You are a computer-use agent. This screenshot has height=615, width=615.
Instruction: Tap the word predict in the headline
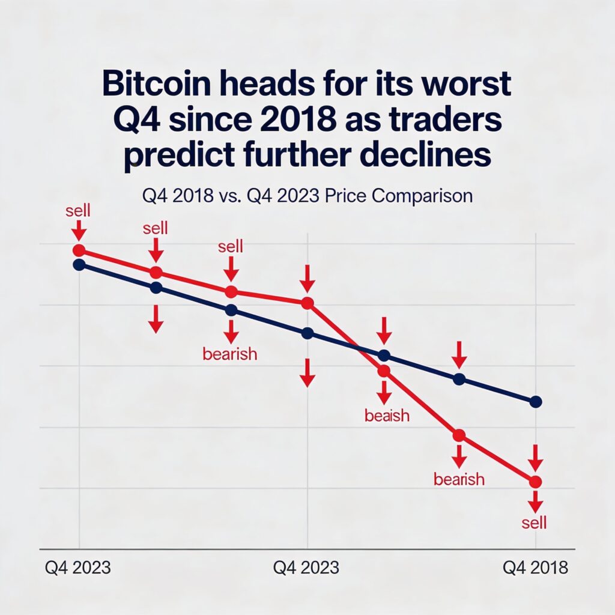click(169, 156)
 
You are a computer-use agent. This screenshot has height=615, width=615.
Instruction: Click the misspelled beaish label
click(387, 415)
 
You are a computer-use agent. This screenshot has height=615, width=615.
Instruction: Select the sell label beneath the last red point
click(534, 523)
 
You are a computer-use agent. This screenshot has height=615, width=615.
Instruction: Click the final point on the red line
click(536, 482)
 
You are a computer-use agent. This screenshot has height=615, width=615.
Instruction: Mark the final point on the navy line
click(536, 401)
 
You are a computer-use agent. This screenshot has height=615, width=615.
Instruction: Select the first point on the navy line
click(79, 265)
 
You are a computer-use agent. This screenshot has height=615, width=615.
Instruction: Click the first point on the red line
click(79, 250)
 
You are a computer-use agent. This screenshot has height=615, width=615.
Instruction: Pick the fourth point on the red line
click(307, 303)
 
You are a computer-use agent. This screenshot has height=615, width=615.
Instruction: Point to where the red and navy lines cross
click(358, 347)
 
